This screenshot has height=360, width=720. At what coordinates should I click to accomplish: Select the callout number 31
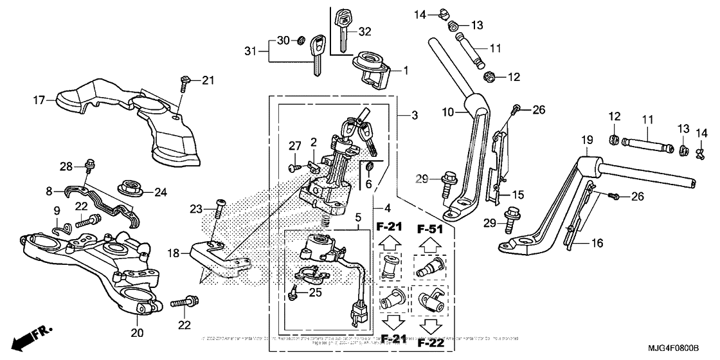tap(251, 50)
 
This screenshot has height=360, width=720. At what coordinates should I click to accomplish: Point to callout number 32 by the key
tap(364, 31)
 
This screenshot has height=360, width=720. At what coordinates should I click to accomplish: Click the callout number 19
tap(587, 140)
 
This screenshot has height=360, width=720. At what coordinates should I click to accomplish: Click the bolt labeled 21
tap(184, 81)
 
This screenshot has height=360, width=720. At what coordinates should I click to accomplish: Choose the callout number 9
tap(57, 210)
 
